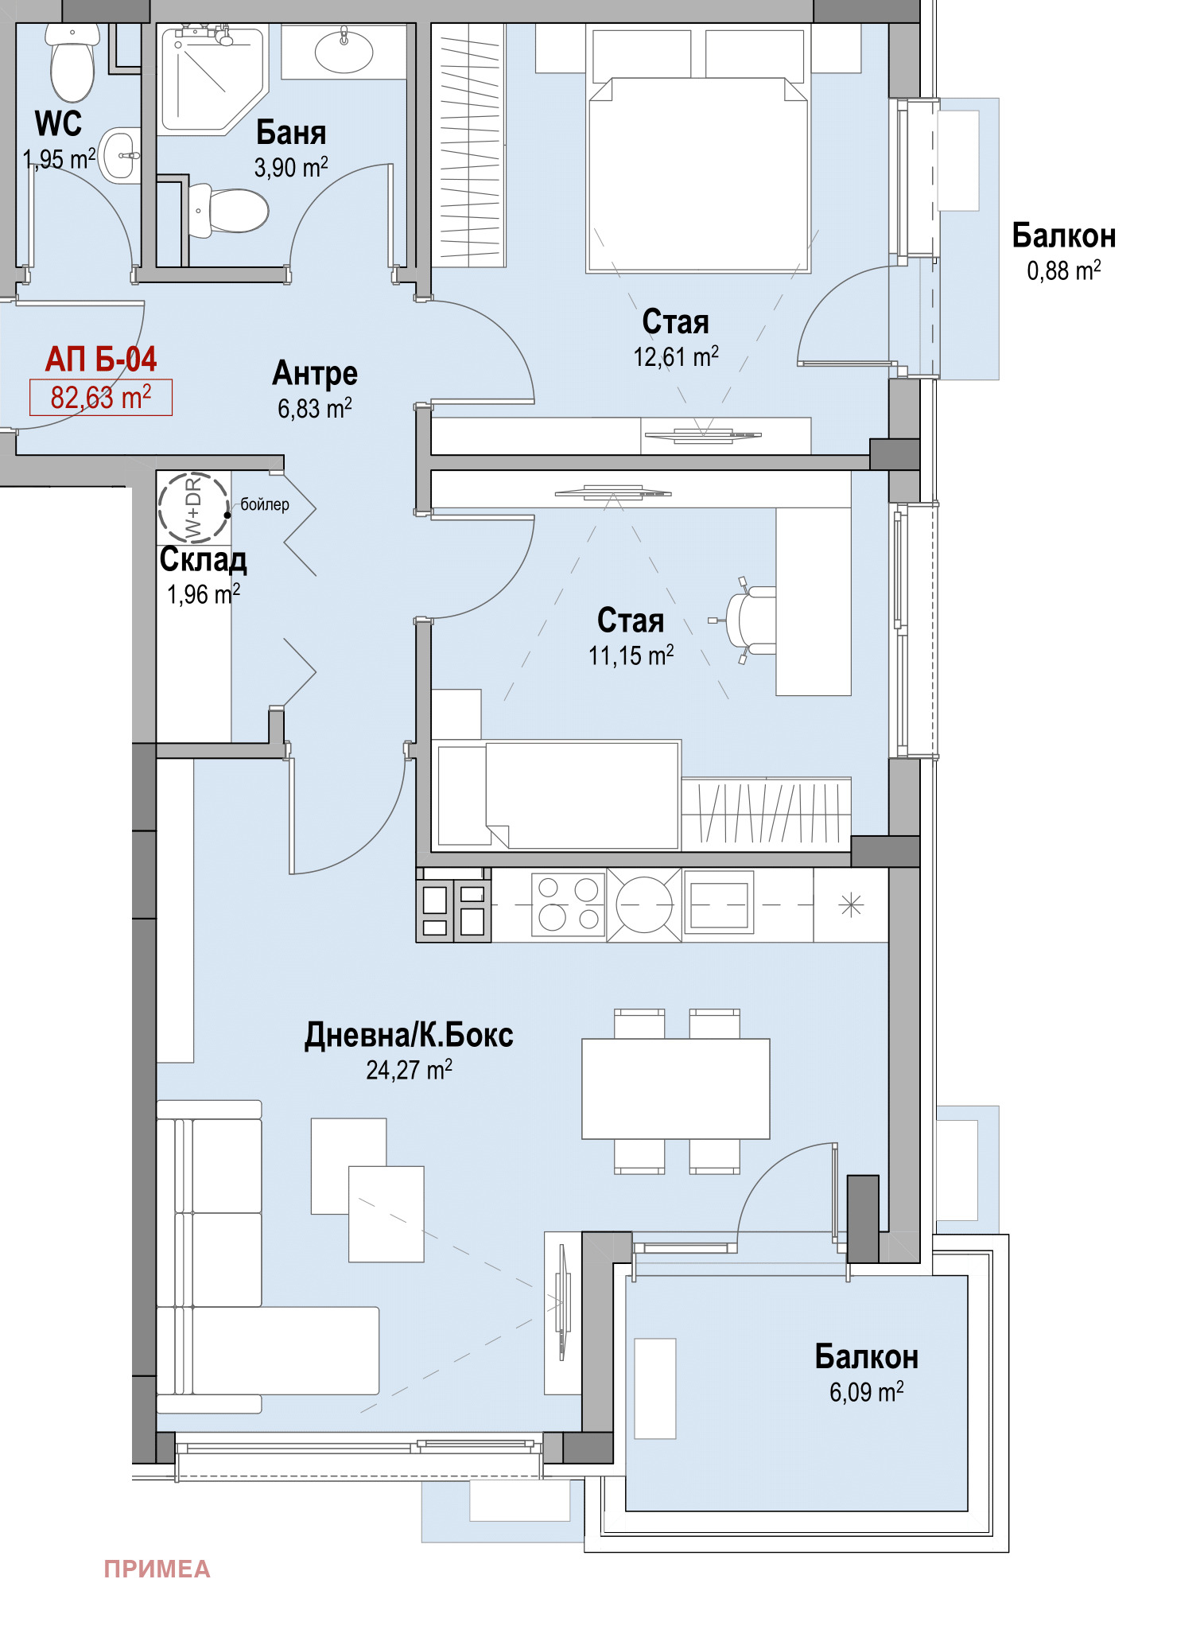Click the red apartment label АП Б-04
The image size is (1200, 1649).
click(101, 360)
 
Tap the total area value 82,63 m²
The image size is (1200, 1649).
click(101, 397)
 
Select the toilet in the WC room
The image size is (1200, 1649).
click(72, 62)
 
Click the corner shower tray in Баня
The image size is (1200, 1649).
click(212, 80)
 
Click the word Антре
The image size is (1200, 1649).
click(315, 374)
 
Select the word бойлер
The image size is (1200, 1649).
click(265, 504)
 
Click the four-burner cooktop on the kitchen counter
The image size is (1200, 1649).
click(568, 904)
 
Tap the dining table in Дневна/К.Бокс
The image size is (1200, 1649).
click(676, 1088)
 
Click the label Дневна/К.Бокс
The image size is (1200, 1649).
click(409, 1035)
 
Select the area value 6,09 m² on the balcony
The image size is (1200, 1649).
click(866, 1391)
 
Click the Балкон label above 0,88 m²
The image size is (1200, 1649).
click(1063, 236)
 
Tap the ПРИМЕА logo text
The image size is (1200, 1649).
click(157, 1569)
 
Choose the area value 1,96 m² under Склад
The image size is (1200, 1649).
click(203, 593)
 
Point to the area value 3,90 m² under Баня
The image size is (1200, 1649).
click(291, 167)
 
